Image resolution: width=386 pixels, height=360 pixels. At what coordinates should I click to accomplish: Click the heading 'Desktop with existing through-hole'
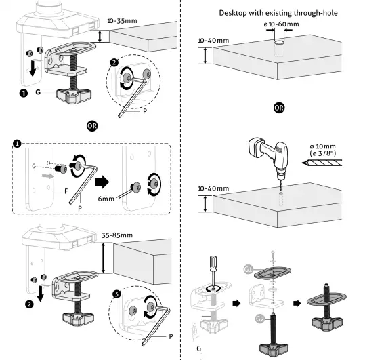(279, 13)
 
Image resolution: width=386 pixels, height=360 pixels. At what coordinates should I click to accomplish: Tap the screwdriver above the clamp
(213, 269)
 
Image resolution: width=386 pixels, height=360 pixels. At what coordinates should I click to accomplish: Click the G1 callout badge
(249, 270)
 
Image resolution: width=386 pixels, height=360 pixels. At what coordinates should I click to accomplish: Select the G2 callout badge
(259, 318)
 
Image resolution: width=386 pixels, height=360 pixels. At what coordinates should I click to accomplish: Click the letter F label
(66, 192)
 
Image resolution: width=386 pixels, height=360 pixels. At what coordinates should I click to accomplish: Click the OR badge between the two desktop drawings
(278, 107)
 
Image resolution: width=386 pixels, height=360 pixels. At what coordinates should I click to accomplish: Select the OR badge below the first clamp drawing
(93, 125)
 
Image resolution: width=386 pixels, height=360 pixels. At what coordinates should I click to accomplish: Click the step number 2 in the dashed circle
(115, 62)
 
